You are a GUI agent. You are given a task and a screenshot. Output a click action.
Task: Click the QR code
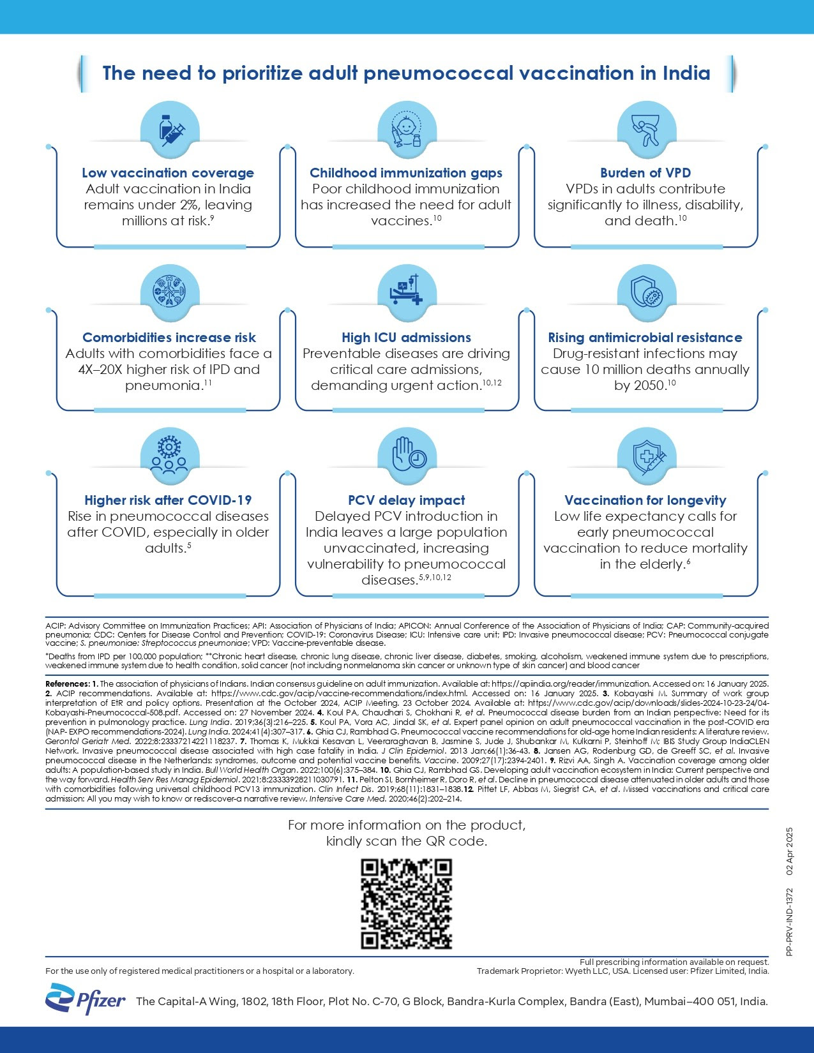(x=407, y=904)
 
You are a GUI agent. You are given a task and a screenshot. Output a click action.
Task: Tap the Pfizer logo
(x=86, y=999)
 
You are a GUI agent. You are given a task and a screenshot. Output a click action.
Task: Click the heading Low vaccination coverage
(x=168, y=173)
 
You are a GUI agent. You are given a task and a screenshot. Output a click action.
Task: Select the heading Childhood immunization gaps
(x=406, y=173)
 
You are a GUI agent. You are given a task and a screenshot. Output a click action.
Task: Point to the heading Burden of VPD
(x=645, y=173)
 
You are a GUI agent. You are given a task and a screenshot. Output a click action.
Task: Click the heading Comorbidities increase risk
(x=169, y=338)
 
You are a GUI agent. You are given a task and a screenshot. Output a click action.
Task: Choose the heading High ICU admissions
(x=406, y=338)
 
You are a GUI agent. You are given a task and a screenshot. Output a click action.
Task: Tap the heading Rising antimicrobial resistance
(x=645, y=338)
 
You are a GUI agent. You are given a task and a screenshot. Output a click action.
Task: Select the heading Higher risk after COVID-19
(x=168, y=500)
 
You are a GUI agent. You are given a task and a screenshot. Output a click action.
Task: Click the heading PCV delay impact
(x=406, y=500)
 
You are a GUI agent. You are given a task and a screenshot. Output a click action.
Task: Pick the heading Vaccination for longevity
(x=645, y=500)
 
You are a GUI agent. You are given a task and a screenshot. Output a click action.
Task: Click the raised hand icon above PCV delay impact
(x=407, y=454)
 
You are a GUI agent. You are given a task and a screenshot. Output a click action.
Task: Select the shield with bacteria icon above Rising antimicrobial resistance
(x=646, y=293)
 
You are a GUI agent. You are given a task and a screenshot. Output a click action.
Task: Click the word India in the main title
(x=686, y=73)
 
